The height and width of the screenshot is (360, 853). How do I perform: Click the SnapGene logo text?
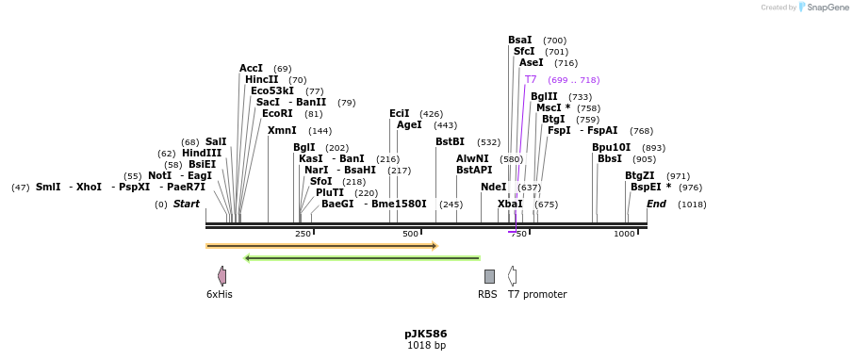(823, 8)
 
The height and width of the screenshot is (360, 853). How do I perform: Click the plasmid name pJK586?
(425, 334)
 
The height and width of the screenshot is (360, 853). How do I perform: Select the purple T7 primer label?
(531, 80)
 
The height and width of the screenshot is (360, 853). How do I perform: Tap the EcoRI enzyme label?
(277, 114)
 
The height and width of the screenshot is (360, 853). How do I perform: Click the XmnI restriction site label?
(282, 131)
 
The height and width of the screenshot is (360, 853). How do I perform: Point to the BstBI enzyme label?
(450, 142)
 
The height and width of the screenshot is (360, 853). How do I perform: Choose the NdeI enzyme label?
(493, 188)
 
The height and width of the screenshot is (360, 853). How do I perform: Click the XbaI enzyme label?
(510, 205)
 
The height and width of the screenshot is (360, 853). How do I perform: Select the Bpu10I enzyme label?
(611, 148)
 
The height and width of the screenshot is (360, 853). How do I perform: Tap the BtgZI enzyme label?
(639, 176)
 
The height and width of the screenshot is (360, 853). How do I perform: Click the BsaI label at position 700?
(519, 41)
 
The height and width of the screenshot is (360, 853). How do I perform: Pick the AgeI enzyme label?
(409, 125)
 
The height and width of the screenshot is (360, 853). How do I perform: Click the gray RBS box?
(489, 276)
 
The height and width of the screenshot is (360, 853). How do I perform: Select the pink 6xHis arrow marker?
(221, 276)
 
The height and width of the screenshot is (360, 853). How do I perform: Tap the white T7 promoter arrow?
(512, 276)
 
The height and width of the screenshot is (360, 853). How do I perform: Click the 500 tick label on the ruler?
(410, 234)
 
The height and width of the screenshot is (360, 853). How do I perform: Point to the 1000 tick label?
(624, 234)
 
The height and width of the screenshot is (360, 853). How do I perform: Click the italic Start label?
(187, 205)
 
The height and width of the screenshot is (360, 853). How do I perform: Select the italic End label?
(656, 205)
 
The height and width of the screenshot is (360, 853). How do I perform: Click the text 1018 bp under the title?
(426, 346)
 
